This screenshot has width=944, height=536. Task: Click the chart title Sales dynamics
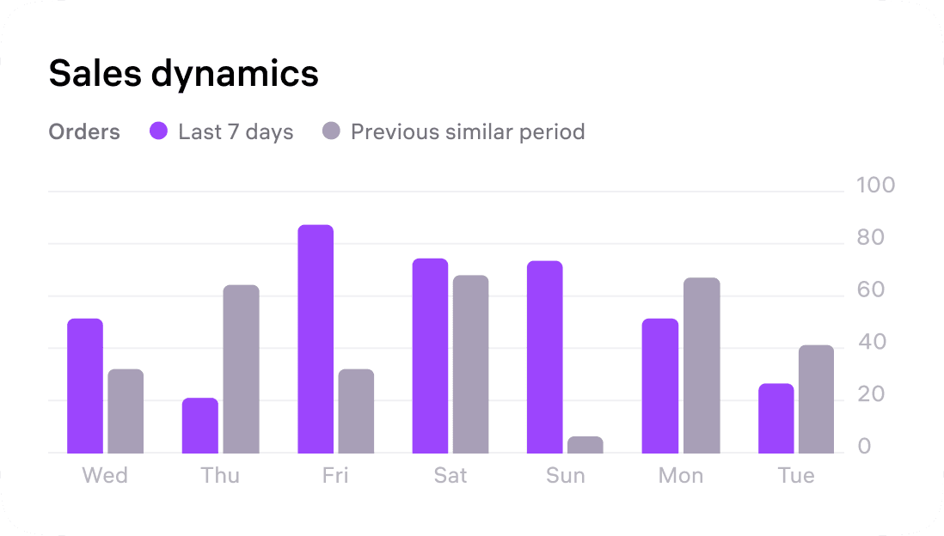183,74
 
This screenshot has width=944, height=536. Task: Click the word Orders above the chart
84,132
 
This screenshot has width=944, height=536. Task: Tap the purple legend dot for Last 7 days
159,131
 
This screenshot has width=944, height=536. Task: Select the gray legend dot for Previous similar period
331,131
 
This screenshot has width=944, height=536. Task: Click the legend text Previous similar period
468,132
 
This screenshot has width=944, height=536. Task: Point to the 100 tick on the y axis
876,186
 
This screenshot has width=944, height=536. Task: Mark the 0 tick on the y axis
864,447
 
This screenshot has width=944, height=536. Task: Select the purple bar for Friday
316,339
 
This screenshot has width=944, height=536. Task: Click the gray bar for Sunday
585,445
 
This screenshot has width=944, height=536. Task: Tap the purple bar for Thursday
200,425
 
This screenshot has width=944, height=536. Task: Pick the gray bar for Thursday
241,369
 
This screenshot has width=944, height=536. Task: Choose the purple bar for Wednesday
85,386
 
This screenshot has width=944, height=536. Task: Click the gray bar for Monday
702,366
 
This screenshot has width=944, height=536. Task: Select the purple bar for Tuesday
775,418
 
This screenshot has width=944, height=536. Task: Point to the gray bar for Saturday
470,364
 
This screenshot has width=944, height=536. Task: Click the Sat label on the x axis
451,476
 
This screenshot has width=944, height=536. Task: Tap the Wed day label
105,476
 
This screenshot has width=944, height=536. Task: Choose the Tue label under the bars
795,476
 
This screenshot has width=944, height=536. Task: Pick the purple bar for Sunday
544,357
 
